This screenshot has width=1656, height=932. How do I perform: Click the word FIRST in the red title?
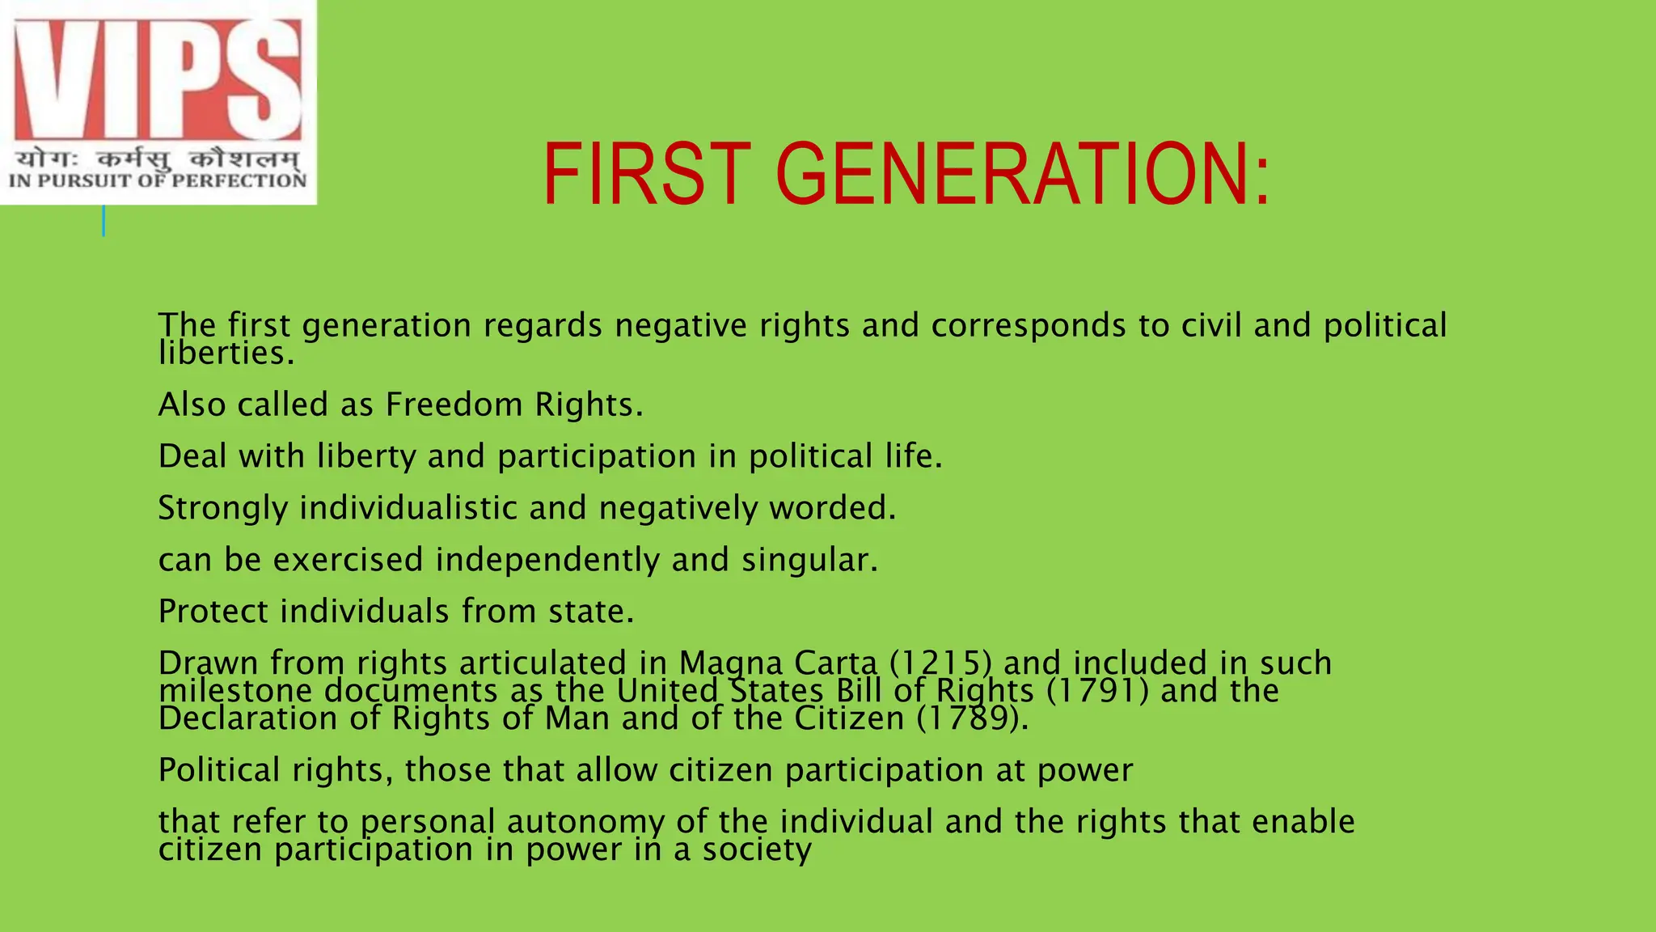pos(647,174)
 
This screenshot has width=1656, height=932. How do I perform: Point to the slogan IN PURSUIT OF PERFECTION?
pos(158,180)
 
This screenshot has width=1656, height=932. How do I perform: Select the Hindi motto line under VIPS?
pos(158,159)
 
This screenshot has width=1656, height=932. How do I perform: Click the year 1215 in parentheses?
pos(940,663)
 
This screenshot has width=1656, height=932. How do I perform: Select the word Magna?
pos(731,663)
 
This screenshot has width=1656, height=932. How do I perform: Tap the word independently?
pos(547,560)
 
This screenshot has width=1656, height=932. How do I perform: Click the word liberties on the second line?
pos(225,353)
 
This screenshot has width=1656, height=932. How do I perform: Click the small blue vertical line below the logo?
pos(103,220)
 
